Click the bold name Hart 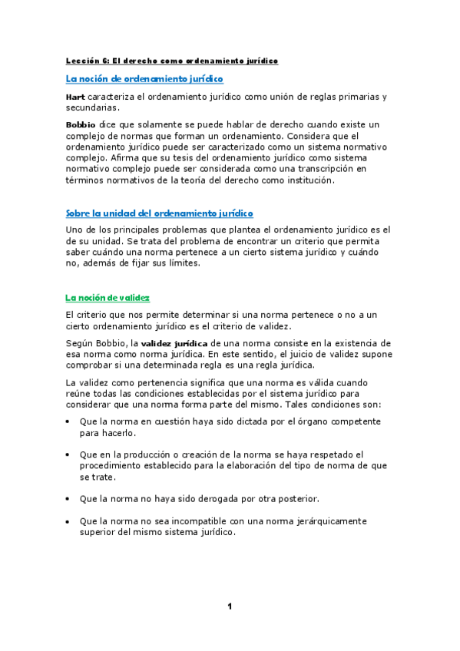click(75, 97)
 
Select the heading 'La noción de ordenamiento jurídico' click(144, 78)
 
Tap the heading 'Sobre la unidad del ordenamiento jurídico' click(160, 213)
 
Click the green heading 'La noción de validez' click(108, 297)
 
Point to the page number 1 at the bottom click(229, 606)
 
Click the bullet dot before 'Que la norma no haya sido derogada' click(68, 499)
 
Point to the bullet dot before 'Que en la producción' click(68, 454)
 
